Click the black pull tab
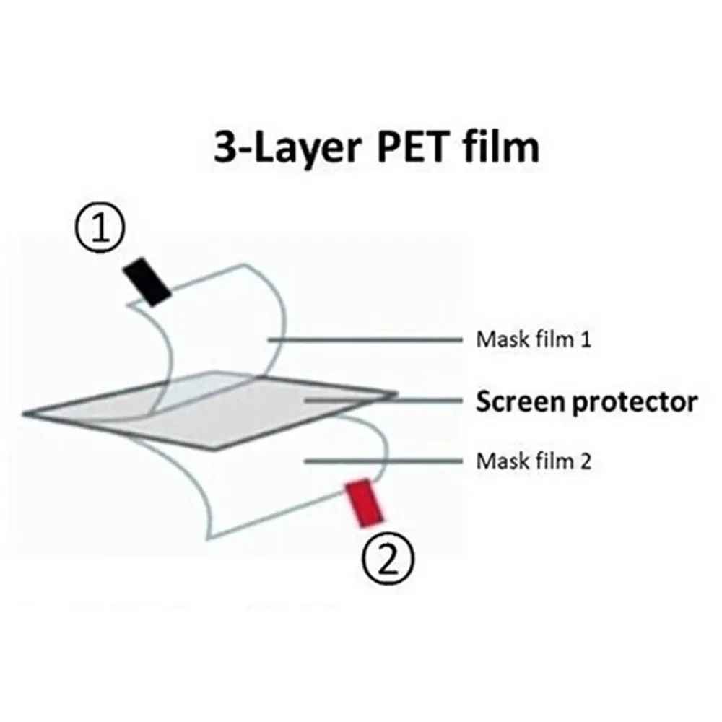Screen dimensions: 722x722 pyautogui.click(x=147, y=283)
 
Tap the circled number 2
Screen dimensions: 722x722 pyautogui.click(x=388, y=558)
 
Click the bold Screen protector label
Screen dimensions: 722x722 pyautogui.click(x=586, y=401)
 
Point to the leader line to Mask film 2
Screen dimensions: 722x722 pyautogui.click(x=383, y=460)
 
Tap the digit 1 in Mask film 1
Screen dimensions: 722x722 pyautogui.click(x=586, y=339)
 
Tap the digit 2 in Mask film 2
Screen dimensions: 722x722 pyautogui.click(x=586, y=460)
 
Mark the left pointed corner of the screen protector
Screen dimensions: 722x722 pyautogui.click(x=26, y=414)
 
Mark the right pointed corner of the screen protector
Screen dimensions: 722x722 pyautogui.click(x=396, y=394)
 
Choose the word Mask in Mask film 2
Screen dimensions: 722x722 pyautogui.click(x=497, y=460)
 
